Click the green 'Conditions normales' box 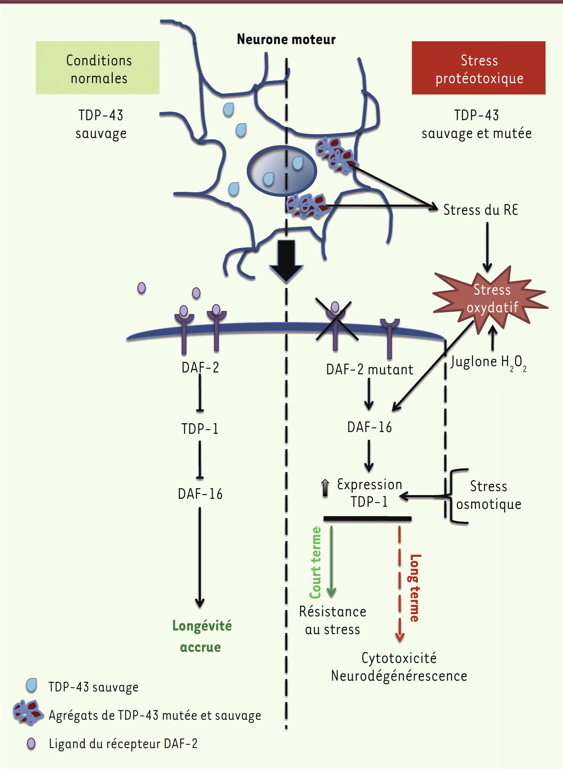tap(97, 68)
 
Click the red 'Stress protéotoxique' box tap(478, 68)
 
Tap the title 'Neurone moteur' tap(286, 40)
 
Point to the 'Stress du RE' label tap(480, 210)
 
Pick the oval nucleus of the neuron tap(282, 171)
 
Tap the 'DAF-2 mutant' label tap(369, 369)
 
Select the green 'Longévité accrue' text tap(202, 636)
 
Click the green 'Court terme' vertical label tap(315, 562)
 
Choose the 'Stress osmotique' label tap(489, 495)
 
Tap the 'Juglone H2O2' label tap(489, 363)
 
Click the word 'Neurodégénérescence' tap(399, 675)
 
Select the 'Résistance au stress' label tap(332, 620)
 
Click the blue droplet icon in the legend tap(31, 686)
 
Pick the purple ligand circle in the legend tap(31, 743)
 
